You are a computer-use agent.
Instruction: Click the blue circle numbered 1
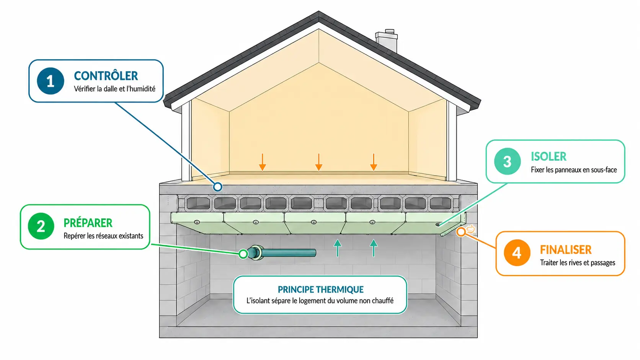(51, 81)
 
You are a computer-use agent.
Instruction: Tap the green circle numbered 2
(41, 226)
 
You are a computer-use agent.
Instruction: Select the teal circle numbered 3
(508, 161)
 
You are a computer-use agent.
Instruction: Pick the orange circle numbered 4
(517, 252)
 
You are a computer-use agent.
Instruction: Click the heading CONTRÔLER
(106, 76)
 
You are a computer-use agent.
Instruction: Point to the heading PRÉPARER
(88, 223)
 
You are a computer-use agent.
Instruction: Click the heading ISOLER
(549, 156)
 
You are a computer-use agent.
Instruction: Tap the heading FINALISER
(566, 250)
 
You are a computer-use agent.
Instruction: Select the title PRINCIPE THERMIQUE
(320, 290)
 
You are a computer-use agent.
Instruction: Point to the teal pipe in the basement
(282, 253)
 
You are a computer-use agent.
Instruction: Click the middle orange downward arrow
(319, 162)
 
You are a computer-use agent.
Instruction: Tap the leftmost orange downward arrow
(263, 162)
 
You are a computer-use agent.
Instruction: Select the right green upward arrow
(374, 248)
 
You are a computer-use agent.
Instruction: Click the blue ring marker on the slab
(218, 187)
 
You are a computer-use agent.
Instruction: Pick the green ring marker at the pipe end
(243, 254)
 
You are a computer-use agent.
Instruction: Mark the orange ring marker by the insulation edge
(460, 232)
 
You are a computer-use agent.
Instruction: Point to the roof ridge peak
(319, 12)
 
